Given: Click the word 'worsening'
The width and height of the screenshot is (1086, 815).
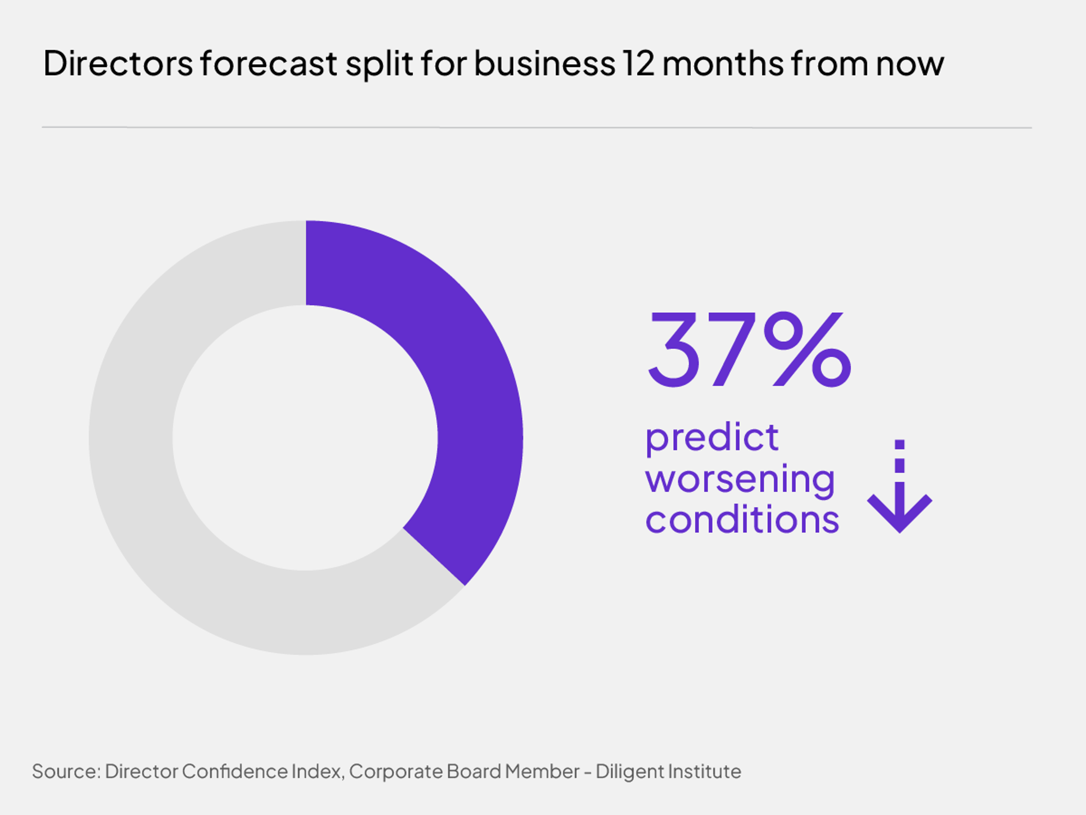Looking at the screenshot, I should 740,479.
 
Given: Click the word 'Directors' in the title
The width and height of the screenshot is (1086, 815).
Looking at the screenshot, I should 118,64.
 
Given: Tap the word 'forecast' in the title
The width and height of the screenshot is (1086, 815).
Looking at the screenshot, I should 269,64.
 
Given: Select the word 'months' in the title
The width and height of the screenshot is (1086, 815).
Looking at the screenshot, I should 723,64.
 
